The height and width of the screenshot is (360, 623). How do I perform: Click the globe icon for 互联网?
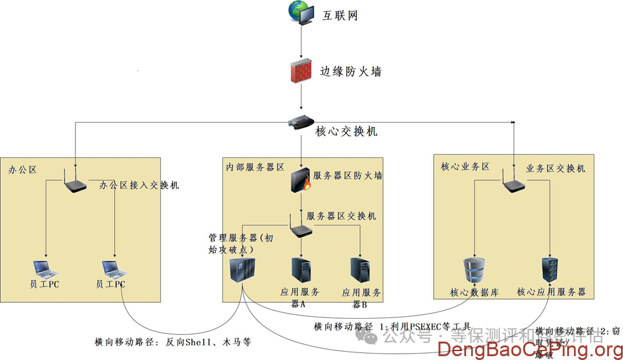(x=300, y=13)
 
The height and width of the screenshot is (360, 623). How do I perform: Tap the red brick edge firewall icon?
(x=302, y=71)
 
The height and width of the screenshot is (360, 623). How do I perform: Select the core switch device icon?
(x=302, y=123)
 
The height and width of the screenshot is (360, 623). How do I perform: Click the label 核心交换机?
(x=346, y=131)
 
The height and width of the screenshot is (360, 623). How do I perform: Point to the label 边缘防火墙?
(x=350, y=72)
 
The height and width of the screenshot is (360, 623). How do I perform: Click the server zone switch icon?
(x=300, y=228)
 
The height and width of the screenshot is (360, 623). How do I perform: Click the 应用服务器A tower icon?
(x=301, y=270)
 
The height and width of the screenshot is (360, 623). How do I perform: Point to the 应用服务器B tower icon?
(x=361, y=270)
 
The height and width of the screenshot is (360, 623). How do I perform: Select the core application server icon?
(x=550, y=270)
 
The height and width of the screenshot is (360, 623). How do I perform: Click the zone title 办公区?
(x=23, y=170)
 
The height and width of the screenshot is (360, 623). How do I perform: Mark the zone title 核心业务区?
(x=465, y=166)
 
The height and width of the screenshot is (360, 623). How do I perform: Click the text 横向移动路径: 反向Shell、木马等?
(x=173, y=342)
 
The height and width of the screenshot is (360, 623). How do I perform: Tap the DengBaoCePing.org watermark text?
(x=530, y=349)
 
